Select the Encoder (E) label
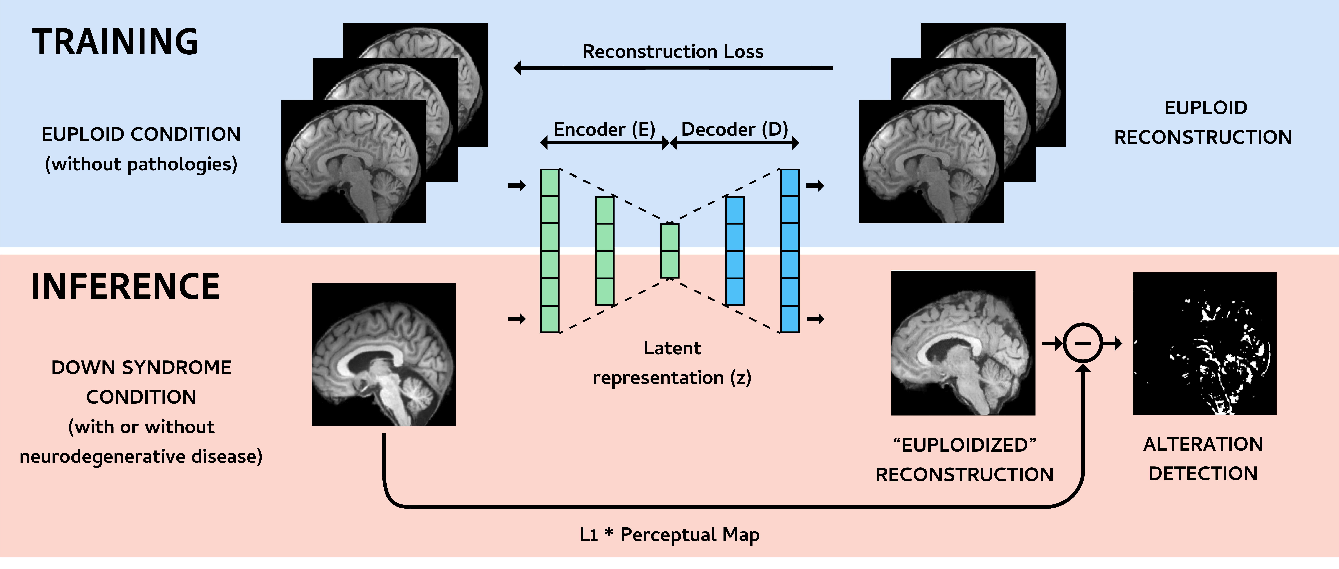click(x=604, y=129)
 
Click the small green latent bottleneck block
click(x=670, y=251)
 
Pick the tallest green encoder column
click(x=549, y=251)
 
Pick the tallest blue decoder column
click(x=790, y=251)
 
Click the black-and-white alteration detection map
click(x=1204, y=343)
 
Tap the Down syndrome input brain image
click(x=384, y=354)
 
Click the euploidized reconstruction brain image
click(x=963, y=343)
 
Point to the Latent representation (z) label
click(x=672, y=362)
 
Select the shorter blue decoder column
click(x=734, y=251)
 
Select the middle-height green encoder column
click(x=604, y=251)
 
